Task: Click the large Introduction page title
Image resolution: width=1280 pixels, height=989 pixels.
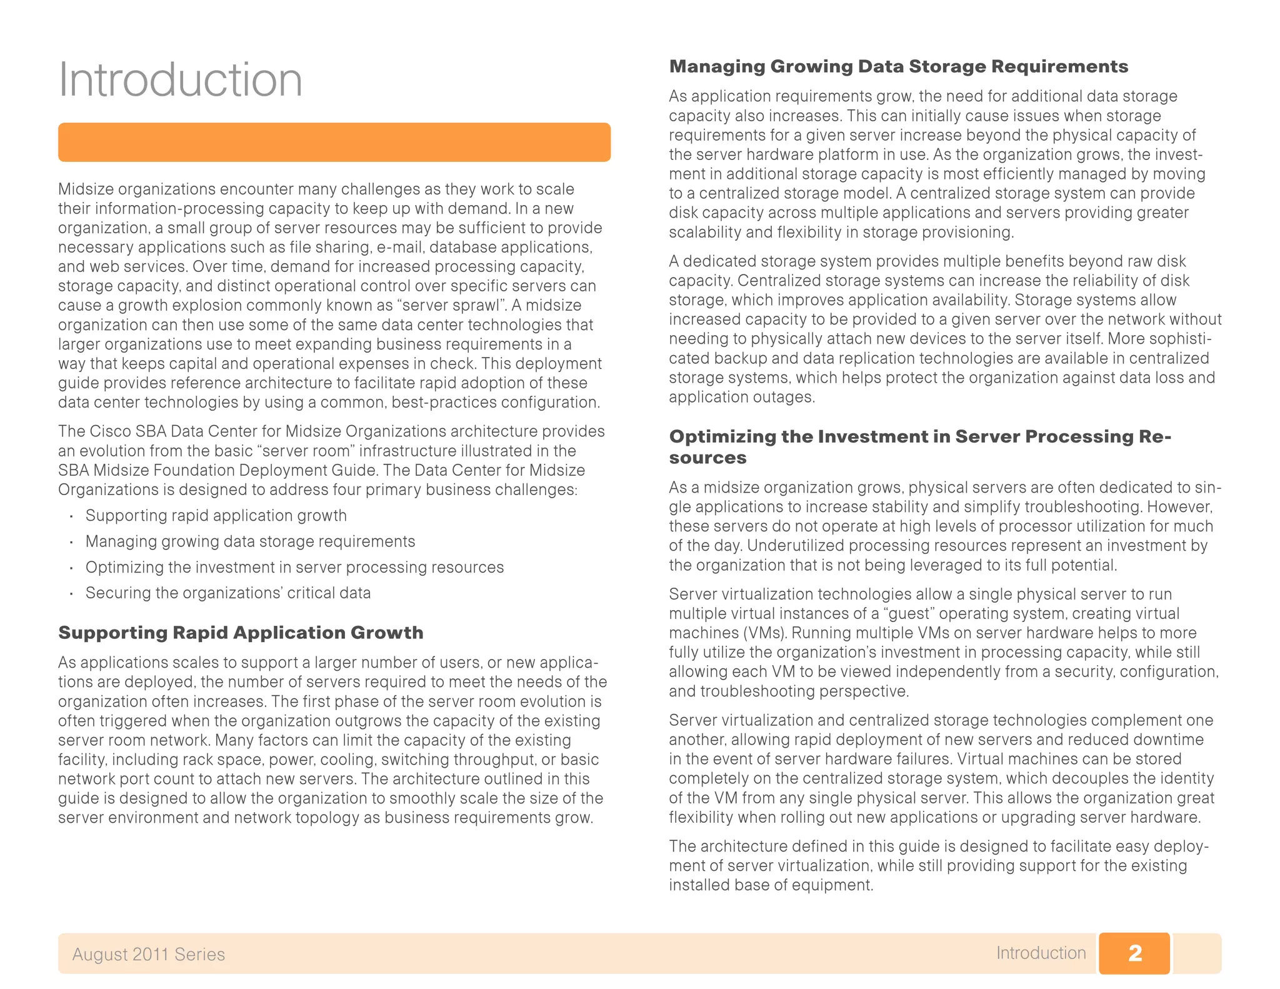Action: pyautogui.click(x=180, y=80)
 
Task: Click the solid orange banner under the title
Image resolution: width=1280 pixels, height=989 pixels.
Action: pyautogui.click(x=334, y=143)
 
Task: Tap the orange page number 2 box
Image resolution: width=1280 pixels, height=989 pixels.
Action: pyautogui.click(x=1134, y=953)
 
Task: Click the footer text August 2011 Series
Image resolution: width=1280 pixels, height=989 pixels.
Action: pyautogui.click(x=148, y=954)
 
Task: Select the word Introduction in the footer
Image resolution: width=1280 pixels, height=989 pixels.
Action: pyautogui.click(x=1041, y=953)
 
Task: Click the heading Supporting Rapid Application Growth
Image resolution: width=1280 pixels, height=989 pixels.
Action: pyautogui.click(x=241, y=633)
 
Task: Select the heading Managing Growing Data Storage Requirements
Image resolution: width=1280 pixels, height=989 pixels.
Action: pyautogui.click(x=898, y=66)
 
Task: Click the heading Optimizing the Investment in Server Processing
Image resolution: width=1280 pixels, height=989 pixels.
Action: pyautogui.click(x=919, y=436)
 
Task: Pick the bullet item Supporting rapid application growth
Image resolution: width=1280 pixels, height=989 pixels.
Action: pyautogui.click(x=216, y=516)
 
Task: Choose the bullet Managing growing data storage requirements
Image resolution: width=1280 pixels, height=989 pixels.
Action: pyautogui.click(x=250, y=541)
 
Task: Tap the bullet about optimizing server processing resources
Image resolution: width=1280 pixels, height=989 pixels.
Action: pyautogui.click(x=294, y=567)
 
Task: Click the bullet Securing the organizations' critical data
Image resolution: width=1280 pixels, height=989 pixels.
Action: pyautogui.click(x=227, y=593)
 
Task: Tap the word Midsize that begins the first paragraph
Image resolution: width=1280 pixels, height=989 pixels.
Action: pyautogui.click(x=85, y=189)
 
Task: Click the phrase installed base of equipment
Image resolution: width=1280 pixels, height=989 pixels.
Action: pyautogui.click(x=770, y=885)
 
